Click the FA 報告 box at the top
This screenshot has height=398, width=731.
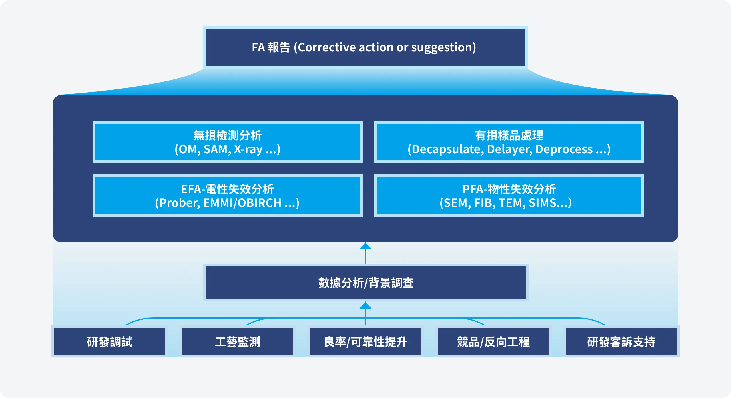365,47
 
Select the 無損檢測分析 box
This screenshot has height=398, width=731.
227,142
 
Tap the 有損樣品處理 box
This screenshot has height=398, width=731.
509,142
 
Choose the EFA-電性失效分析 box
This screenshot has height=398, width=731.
227,196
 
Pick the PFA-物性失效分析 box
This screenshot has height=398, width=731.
509,196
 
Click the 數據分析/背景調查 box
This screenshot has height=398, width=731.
366,282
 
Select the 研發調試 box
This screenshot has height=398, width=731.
110,341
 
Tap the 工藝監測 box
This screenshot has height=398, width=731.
238,341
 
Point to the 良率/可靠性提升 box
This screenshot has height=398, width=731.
365,341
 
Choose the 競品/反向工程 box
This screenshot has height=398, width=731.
493,341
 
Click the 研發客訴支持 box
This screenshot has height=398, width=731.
621,341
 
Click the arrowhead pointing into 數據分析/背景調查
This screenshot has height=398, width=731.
365,305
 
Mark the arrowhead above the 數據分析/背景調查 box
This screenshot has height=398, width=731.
365,246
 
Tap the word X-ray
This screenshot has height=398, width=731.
248,149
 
